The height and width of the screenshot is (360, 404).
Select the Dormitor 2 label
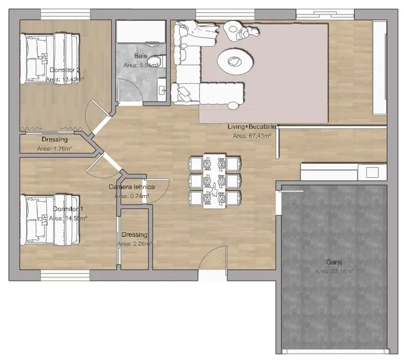[65, 70]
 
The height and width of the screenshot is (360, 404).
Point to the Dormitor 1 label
[68, 209]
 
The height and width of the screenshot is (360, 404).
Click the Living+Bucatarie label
[253, 127]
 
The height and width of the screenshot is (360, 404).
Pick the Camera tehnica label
[132, 187]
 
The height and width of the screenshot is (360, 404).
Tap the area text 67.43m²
[252, 136]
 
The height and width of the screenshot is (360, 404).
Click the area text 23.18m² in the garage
[334, 271]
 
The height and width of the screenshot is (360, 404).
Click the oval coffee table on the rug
[235, 60]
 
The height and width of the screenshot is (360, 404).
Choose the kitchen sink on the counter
[372, 172]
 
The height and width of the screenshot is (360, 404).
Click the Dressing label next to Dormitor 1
[134, 235]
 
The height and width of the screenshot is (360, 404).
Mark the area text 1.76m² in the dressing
[54, 149]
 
